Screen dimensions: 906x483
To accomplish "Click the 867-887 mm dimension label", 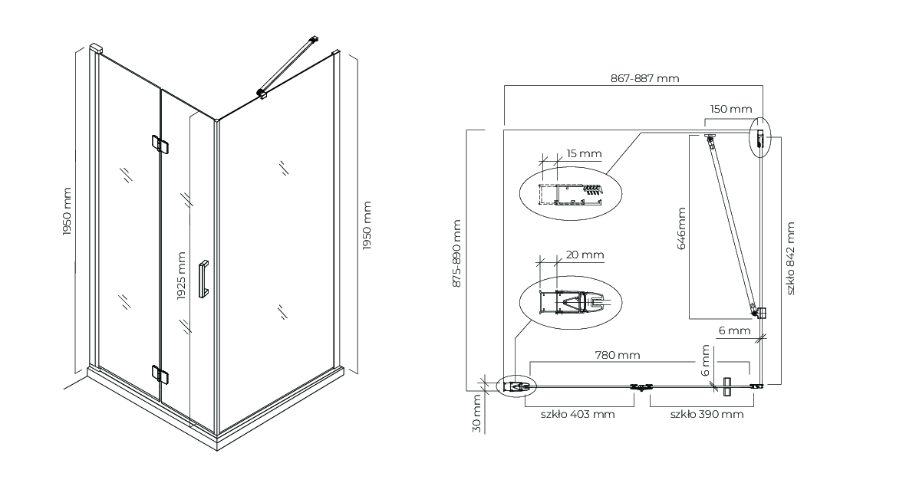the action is [x=644, y=78].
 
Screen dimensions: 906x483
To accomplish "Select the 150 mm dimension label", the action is [x=731, y=109].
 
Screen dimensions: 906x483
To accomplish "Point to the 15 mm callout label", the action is [x=584, y=153].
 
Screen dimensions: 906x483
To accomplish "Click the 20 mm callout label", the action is [x=585, y=255].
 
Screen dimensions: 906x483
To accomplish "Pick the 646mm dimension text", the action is [x=681, y=228].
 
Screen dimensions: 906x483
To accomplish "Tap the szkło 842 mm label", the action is [x=790, y=258].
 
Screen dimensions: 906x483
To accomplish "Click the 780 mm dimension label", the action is [x=618, y=355].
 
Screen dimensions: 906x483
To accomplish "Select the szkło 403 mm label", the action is [x=578, y=414].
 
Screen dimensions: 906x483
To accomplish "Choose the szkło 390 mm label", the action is [x=707, y=414].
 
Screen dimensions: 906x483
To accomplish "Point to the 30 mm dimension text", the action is [x=476, y=414].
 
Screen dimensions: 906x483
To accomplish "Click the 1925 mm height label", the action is [x=182, y=276].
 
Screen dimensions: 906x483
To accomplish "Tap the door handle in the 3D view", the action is [x=203, y=280].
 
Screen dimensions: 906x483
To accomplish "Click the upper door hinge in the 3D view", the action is [x=160, y=144].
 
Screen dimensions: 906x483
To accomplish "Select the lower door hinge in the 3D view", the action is [x=160, y=374].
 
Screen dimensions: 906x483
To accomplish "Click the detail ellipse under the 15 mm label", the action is [x=570, y=195].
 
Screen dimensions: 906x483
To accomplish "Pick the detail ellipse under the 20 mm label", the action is [x=570, y=304].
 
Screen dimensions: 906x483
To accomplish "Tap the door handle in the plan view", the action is [x=727, y=386].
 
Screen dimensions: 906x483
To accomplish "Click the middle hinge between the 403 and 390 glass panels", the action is [x=642, y=386].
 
